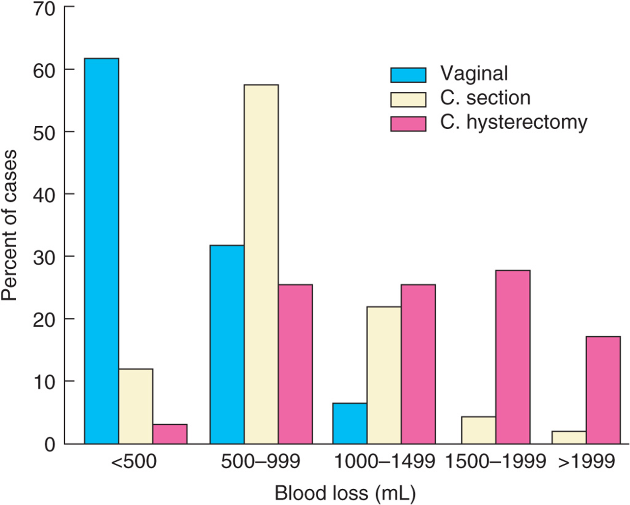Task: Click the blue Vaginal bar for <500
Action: point(102,251)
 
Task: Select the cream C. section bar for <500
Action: point(136,406)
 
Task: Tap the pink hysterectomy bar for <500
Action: point(170,434)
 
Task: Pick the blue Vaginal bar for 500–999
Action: point(227,344)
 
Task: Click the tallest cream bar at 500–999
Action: point(261,264)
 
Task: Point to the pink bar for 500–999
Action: point(296,364)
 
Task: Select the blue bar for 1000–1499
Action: point(350,423)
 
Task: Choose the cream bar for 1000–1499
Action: point(384,375)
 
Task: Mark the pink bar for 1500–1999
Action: point(513,357)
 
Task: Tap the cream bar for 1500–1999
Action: point(479,430)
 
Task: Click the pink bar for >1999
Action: point(603,390)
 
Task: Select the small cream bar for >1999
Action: point(569,437)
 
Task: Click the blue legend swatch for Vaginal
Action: point(408,75)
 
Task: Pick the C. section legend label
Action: point(485,98)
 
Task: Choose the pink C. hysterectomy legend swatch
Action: point(408,124)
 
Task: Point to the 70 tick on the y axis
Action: point(69,6)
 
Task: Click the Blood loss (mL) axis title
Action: point(345,493)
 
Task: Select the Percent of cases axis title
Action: point(9,225)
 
